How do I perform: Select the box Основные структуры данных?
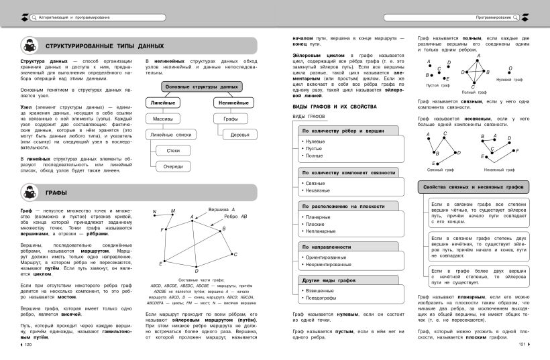[201, 87]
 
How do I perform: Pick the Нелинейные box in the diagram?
[234, 103]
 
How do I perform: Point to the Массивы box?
[163, 119]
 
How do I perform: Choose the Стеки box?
[172, 150]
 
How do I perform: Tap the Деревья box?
[239, 134]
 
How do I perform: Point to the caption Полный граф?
[475, 92]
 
